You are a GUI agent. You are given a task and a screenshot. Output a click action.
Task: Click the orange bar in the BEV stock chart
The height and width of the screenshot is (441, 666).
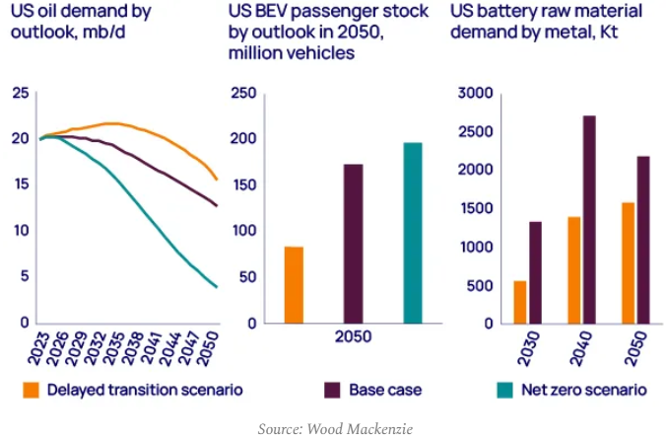(294, 284)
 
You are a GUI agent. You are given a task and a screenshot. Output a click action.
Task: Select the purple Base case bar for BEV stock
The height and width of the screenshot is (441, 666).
(353, 243)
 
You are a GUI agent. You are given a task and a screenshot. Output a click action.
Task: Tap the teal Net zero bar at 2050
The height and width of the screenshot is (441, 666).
(412, 233)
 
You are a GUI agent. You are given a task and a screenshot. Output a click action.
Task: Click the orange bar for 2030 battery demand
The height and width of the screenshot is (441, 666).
(519, 302)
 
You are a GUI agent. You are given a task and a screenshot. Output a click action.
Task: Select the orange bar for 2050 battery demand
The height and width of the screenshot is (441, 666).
(629, 262)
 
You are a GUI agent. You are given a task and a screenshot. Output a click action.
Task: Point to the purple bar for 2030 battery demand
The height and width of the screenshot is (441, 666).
(535, 271)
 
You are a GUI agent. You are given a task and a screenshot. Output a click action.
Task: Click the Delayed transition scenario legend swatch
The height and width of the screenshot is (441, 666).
(33, 391)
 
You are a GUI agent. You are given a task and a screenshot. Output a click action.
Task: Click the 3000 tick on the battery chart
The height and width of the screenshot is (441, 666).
(476, 93)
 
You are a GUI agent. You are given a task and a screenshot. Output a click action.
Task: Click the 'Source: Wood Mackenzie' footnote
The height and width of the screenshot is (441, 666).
(333, 429)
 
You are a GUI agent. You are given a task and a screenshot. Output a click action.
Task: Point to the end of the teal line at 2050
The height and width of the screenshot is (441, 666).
(217, 287)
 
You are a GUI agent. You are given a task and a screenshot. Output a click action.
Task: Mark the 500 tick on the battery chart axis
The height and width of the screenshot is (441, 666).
(481, 285)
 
